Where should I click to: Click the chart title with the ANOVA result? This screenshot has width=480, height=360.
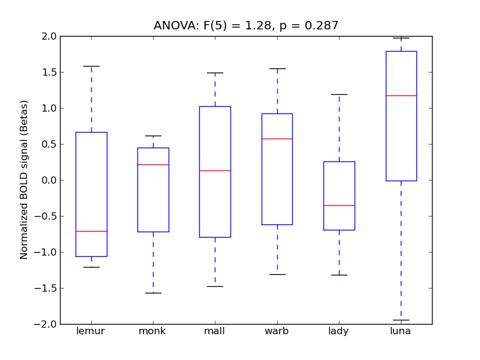[x=246, y=26]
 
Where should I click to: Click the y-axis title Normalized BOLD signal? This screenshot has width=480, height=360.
[x=24, y=180]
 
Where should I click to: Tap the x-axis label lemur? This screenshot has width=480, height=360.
[x=91, y=331]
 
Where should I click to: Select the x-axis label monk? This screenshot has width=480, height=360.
[x=153, y=331]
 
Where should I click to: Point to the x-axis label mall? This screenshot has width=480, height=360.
[x=215, y=331]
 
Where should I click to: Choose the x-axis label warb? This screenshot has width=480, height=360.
[x=277, y=331]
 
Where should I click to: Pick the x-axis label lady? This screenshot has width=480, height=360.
[x=339, y=331]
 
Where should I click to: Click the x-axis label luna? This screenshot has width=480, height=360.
[x=401, y=331]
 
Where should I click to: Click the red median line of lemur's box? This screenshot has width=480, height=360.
[x=91, y=231]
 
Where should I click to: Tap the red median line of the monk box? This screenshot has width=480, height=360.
[x=153, y=164]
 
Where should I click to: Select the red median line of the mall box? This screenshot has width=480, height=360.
[x=215, y=170]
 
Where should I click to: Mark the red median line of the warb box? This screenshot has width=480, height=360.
[x=277, y=139]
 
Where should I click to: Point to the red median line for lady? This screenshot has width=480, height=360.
[x=339, y=205]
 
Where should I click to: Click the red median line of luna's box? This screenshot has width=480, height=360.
[x=401, y=95]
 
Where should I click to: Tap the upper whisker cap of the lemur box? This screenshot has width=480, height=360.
[x=91, y=66]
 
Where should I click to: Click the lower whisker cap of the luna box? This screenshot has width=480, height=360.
[x=401, y=320]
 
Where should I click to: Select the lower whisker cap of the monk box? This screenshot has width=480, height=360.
[x=153, y=293]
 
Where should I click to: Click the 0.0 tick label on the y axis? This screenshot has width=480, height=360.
[x=48, y=180]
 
